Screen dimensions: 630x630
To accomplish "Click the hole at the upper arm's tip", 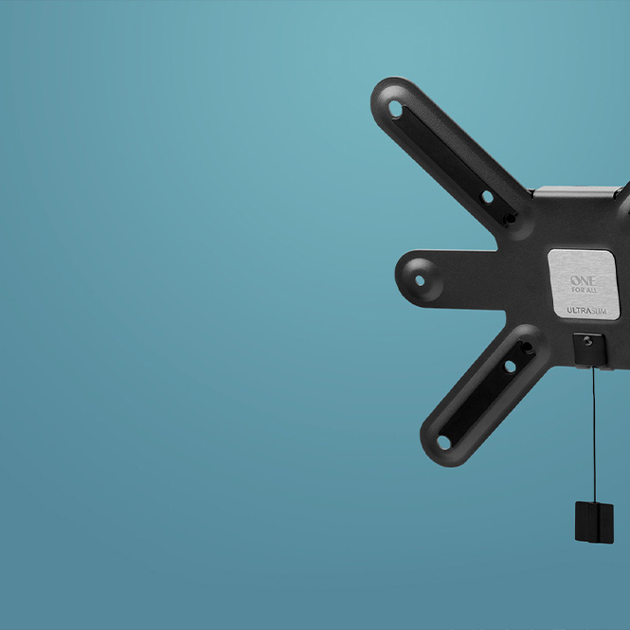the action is (x=395, y=109).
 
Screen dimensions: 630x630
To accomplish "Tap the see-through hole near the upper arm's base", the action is (x=487, y=197).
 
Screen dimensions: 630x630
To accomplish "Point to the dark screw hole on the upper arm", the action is (x=510, y=219).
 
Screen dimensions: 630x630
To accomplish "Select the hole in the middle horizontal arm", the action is (x=420, y=280).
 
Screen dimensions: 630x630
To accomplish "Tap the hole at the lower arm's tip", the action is (x=443, y=442).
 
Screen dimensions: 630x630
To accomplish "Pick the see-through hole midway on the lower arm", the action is (x=510, y=367).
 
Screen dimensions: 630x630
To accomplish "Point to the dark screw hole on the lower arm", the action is (x=527, y=347).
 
